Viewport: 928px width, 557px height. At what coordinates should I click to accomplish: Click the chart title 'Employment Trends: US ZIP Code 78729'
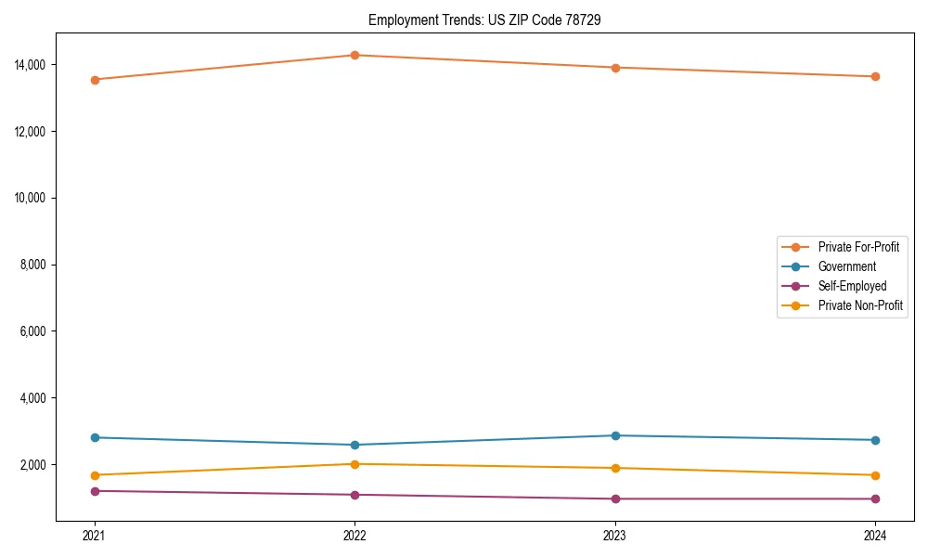pyautogui.click(x=484, y=19)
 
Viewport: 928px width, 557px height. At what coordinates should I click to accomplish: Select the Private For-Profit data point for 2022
pyautogui.click(x=354, y=55)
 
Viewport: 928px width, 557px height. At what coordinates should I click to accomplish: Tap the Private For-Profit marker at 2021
pyautogui.click(x=95, y=80)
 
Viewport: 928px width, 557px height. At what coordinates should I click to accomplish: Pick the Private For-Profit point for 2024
pyautogui.click(x=875, y=76)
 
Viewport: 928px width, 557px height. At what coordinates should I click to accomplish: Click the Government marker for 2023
pyautogui.click(x=615, y=435)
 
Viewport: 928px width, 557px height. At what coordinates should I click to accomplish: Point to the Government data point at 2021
pyautogui.click(x=95, y=437)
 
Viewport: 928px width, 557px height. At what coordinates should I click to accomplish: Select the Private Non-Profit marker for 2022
pyautogui.click(x=354, y=464)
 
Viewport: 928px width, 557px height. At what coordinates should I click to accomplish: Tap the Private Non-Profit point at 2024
pyautogui.click(x=875, y=475)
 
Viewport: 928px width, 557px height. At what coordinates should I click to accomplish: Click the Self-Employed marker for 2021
pyautogui.click(x=95, y=491)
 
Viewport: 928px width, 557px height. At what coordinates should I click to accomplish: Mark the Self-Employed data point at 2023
pyautogui.click(x=615, y=499)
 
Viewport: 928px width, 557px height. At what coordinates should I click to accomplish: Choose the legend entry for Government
pyautogui.click(x=846, y=266)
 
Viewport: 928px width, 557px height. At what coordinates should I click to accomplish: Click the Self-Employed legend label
pyautogui.click(x=852, y=286)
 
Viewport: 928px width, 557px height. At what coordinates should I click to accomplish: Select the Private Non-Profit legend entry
pyautogui.click(x=860, y=305)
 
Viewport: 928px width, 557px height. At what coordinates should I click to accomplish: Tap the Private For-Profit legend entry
pyautogui.click(x=858, y=247)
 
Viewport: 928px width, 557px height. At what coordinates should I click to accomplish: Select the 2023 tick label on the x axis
pyautogui.click(x=615, y=535)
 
